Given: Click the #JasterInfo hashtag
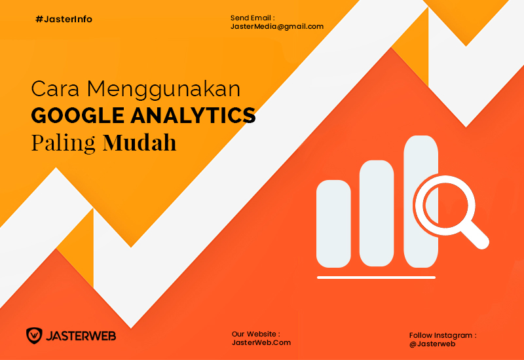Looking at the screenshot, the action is (x=64, y=20).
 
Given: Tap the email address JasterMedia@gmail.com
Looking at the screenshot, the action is (x=277, y=27).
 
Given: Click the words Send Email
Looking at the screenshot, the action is (x=251, y=18).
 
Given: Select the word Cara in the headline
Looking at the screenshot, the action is (x=56, y=89).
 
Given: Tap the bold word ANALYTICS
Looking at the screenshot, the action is (x=193, y=116).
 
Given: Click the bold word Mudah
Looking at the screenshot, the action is (x=140, y=143).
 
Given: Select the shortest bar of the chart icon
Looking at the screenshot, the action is (x=333, y=224).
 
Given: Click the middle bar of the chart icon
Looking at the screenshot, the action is (x=377, y=213).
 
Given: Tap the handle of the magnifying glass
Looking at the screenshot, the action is (x=475, y=235).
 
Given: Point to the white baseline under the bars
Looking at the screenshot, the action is (x=376, y=278).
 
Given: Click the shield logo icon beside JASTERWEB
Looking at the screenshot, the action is (x=34, y=336).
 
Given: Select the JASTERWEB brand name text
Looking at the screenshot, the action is (x=81, y=336).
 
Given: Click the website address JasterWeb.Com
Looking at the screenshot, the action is (x=261, y=342).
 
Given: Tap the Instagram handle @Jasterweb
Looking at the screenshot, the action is (x=432, y=344).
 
